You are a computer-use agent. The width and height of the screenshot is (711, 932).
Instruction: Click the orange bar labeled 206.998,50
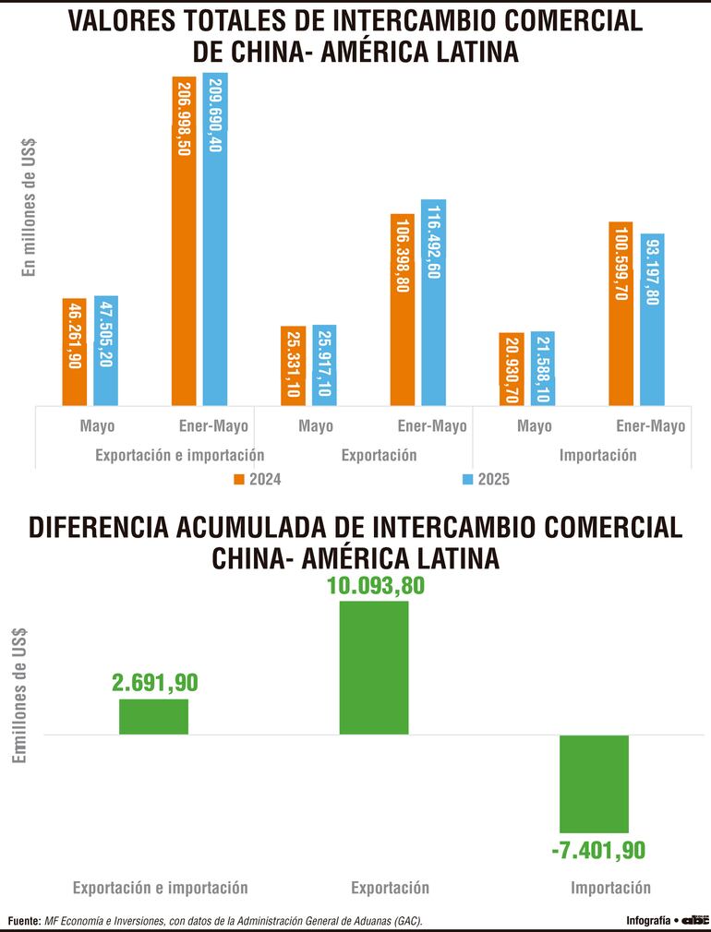click(x=184, y=240)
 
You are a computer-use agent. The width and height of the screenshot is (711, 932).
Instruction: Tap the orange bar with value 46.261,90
click(x=74, y=352)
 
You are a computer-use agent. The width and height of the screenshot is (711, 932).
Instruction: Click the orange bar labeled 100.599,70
click(x=621, y=313)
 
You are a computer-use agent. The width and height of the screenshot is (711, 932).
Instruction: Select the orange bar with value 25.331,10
click(x=293, y=365)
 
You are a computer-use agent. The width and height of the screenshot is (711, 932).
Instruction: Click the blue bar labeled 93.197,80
click(x=652, y=318)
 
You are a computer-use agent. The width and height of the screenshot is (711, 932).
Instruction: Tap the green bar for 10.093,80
click(x=374, y=667)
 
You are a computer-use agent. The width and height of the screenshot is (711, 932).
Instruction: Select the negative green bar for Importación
click(x=594, y=783)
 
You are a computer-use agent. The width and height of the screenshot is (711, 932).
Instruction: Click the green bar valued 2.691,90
click(x=153, y=716)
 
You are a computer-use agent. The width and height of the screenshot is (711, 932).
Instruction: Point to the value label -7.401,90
click(x=597, y=850)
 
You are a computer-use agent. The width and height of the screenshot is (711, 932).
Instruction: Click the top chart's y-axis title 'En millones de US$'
click(x=29, y=207)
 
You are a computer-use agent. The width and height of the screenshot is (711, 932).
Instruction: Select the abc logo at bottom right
click(x=693, y=920)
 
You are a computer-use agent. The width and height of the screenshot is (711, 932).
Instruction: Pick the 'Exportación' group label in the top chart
click(x=379, y=455)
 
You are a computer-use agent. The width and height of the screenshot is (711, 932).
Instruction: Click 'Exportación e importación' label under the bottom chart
click(x=161, y=888)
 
